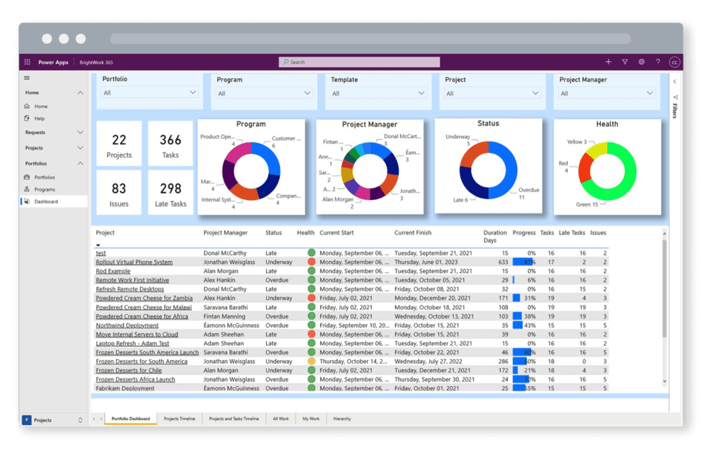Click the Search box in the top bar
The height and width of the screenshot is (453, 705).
coord(359,63)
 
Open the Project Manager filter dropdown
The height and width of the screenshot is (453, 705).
coord(607,93)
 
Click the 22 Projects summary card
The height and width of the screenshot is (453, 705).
coord(119,146)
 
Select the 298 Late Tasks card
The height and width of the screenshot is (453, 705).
coord(170,194)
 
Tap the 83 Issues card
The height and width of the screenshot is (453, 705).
coord(119,194)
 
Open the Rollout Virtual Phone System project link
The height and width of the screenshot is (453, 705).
coord(134,262)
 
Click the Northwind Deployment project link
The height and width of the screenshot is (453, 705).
coord(127,326)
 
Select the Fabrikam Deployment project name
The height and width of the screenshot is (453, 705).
coord(125,388)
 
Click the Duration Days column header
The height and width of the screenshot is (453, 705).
coord(495,237)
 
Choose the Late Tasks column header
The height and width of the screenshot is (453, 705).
coord(572,233)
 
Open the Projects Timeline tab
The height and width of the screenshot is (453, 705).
coord(179,418)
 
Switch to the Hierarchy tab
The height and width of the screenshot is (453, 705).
coord(342,418)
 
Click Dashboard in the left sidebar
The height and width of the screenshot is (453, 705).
coord(46,202)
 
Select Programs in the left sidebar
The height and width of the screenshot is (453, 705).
coord(45,190)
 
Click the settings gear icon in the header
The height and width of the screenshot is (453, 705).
coord(641,63)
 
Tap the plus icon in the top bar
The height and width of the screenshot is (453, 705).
coord(608,63)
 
